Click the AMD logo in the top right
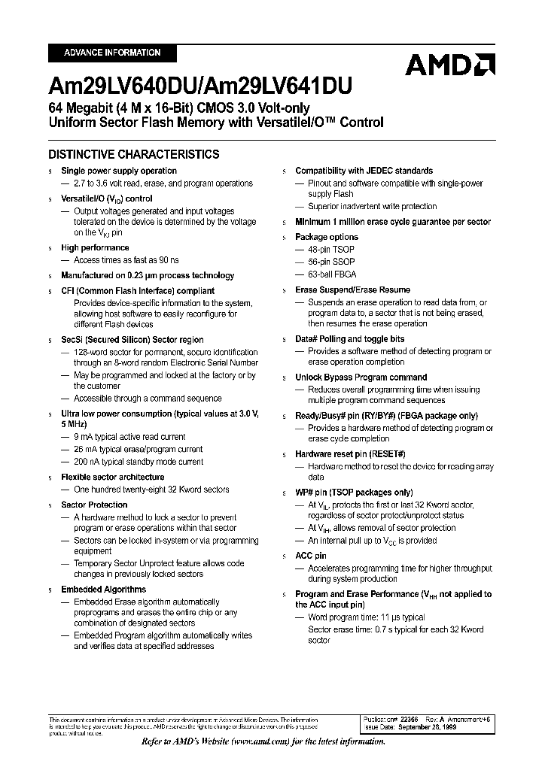(449, 65)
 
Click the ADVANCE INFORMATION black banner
(112, 53)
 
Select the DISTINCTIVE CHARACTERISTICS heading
(134, 154)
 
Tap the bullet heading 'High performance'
(95, 247)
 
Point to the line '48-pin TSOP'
(331, 249)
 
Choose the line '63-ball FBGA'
(332, 274)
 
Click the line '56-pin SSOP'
(331, 262)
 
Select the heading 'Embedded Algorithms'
(103, 590)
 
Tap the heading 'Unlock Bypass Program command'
(361, 377)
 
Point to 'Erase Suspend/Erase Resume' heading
(352, 290)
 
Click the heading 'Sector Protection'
(94, 505)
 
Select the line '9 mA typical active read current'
(129, 436)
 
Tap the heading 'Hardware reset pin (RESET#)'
(350, 454)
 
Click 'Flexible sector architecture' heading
(112, 477)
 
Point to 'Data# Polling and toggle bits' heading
(349, 339)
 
